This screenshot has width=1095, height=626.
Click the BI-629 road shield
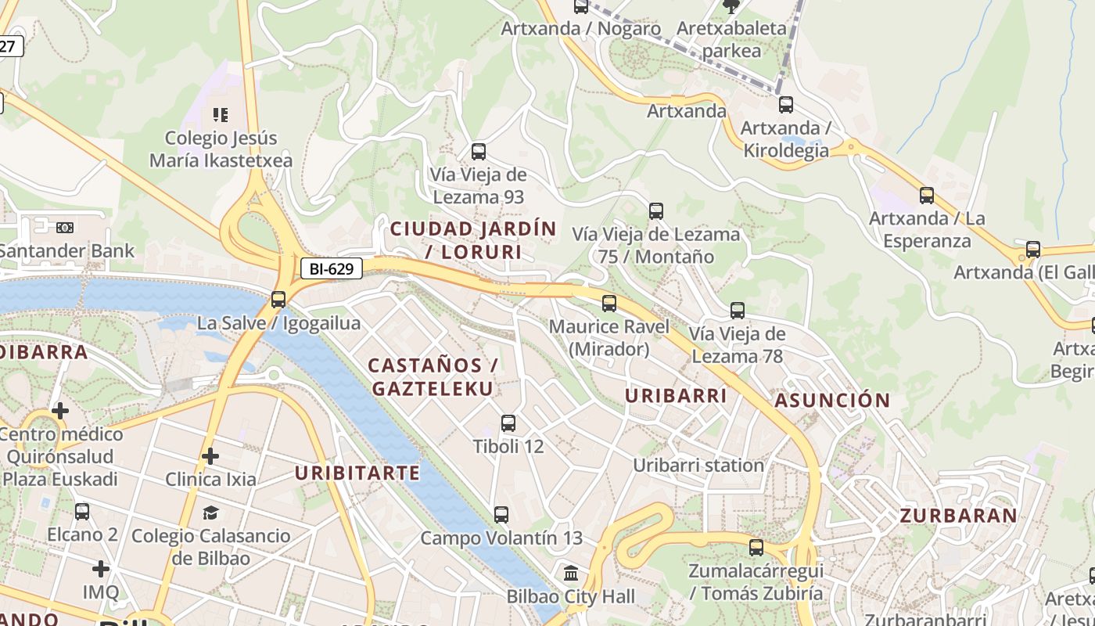click(332, 268)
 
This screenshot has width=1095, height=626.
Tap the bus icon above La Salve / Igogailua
click(278, 299)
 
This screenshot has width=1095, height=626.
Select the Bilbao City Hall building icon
click(570, 573)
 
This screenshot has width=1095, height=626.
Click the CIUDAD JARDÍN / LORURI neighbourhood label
click(473, 240)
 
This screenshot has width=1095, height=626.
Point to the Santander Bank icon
click(65, 227)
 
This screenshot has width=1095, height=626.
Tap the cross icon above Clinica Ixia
click(210, 455)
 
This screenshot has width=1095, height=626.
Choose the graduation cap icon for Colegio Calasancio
click(210, 513)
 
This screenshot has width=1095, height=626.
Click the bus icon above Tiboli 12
click(508, 423)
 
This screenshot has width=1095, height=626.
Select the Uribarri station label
click(698, 465)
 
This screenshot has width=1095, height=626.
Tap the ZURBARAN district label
click(958, 516)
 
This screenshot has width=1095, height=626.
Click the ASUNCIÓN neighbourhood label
click(832, 401)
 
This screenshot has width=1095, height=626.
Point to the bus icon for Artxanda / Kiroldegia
click(785, 104)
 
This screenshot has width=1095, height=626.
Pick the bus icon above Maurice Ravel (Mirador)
click(609, 303)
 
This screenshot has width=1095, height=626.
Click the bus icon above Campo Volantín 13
click(501, 515)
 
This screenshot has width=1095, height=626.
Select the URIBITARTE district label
click(357, 473)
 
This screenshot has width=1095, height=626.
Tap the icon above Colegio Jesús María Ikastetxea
click(221, 115)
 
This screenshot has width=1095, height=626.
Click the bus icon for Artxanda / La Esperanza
click(927, 195)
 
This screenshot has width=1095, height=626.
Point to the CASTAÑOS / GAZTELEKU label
click(433, 376)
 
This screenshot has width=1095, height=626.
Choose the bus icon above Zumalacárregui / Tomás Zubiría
click(756, 548)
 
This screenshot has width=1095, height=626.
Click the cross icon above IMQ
click(101, 569)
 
